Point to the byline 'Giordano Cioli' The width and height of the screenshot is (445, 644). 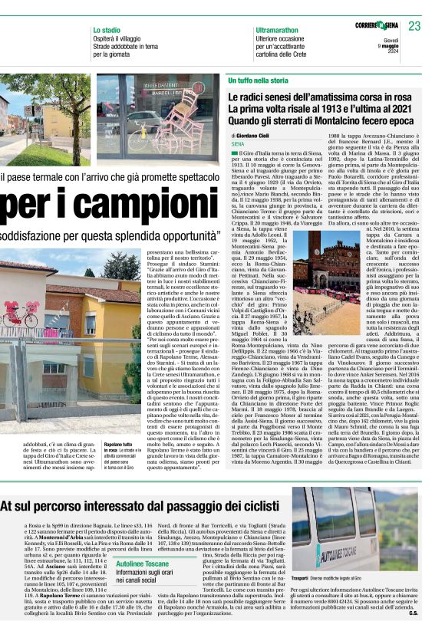pos(261,135)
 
